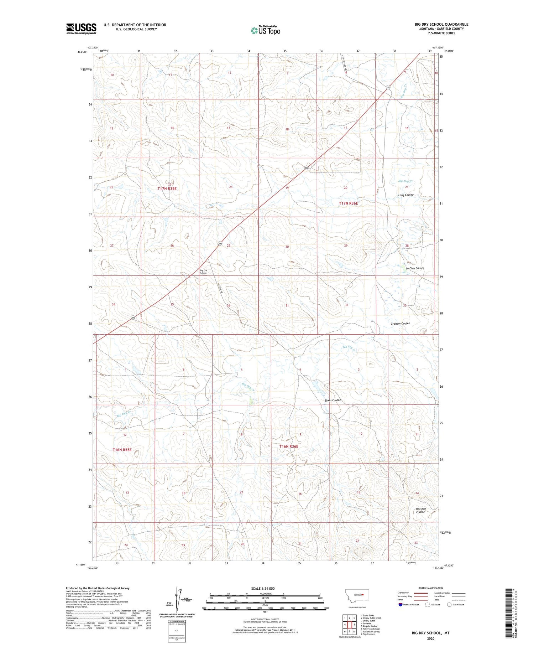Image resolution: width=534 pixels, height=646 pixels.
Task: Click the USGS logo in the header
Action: coord(81,29)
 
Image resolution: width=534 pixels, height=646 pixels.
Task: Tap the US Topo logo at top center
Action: coord(265,30)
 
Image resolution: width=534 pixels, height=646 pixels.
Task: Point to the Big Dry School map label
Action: coord(203,272)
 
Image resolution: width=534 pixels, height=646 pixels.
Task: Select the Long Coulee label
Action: coord(406,195)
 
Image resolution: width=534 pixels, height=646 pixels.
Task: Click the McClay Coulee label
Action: coord(415,268)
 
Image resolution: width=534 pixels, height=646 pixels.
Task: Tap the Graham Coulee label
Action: coord(400,324)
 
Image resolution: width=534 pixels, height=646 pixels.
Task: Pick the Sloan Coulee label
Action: coord(333,400)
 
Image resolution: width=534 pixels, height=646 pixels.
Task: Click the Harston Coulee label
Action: coord(420,510)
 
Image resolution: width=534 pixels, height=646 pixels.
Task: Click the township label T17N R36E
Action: coord(348,203)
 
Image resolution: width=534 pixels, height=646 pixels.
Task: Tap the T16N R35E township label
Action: coord(122,450)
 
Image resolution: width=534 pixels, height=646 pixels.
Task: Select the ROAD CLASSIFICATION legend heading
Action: coord(431,588)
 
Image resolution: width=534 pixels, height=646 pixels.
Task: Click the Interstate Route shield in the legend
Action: coord(400,605)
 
